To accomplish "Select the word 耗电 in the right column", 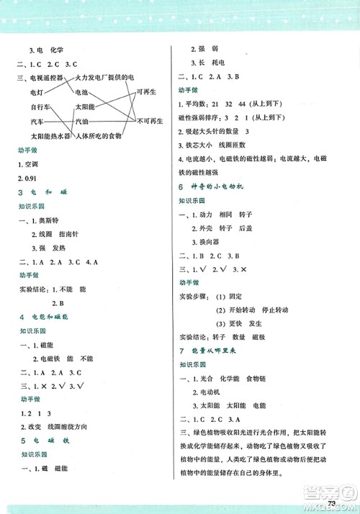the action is tap(216, 63).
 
